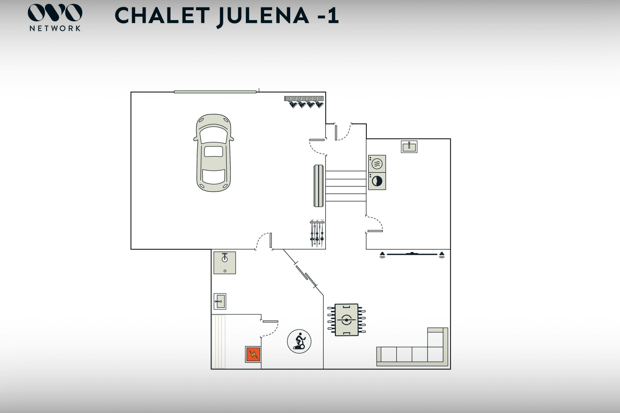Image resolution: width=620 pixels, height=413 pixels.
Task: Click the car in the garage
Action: pos(214,153)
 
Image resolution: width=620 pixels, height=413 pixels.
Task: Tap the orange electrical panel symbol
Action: pos(253,354)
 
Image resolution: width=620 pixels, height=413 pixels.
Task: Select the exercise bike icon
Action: pos(299,341)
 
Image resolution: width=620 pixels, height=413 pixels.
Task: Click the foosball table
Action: pos(346,320)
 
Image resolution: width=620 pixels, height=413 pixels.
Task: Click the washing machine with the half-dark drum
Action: pos(377,181)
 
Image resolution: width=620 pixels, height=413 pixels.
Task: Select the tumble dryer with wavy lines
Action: pos(377,164)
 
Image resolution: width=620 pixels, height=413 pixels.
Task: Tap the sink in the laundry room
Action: pos(409,147)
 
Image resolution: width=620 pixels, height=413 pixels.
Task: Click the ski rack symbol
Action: pos(317,233)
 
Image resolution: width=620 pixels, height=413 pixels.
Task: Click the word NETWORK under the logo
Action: pos(55,28)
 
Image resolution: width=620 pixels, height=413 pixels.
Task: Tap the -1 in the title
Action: pos(328,16)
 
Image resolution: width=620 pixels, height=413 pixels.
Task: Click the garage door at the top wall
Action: pos(215,92)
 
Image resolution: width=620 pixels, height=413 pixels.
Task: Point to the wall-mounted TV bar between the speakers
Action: pos(412,254)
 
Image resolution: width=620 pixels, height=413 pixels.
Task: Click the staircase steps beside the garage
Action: pos(346,186)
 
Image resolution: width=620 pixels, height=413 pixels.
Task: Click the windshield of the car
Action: pos(214,135)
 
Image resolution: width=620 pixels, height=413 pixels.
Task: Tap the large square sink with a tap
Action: pos(224,263)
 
